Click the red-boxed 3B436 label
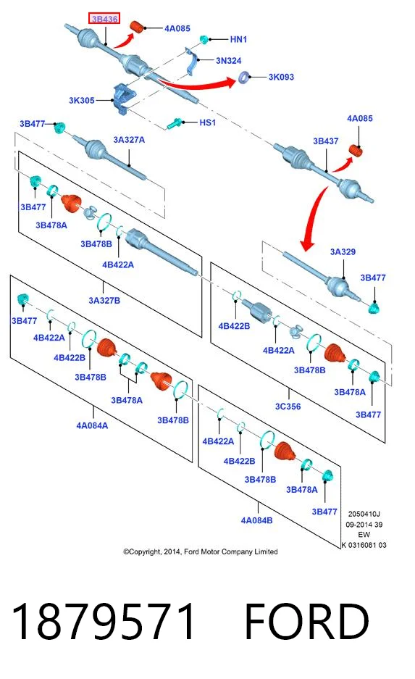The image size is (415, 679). click(104, 19)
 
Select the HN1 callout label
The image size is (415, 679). click(238, 39)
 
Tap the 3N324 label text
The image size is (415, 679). click(228, 61)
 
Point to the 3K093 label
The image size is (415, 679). click(281, 77)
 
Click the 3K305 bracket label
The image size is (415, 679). click(81, 101)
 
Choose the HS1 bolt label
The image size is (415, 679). click(207, 122)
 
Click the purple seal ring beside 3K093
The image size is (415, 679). click(244, 78)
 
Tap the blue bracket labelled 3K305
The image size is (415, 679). click(122, 99)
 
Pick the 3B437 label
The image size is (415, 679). click(325, 141)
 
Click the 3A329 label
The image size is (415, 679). click(343, 251)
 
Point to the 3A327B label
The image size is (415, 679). click(104, 301)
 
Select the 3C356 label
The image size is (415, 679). click(288, 407)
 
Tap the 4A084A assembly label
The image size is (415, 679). click(92, 425)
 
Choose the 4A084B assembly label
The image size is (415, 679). click(256, 520)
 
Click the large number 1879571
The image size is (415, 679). click(103, 622)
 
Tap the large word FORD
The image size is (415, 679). click(307, 622)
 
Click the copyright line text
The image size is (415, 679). click(201, 551)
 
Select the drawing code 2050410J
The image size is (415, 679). click(364, 514)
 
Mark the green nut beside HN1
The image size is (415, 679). click(204, 39)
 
